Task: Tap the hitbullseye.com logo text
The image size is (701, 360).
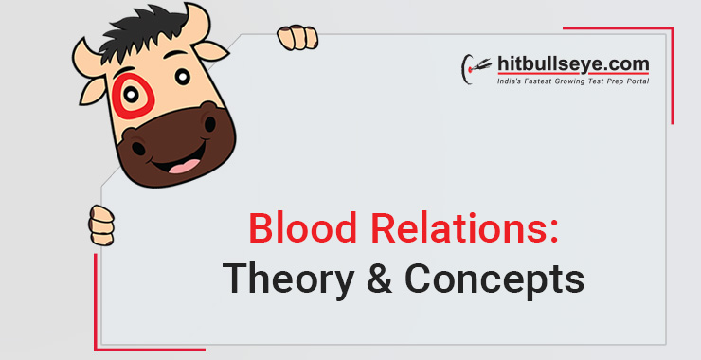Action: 572,64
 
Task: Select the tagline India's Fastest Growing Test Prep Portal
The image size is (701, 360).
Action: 573,82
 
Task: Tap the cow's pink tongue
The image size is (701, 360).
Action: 188,167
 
